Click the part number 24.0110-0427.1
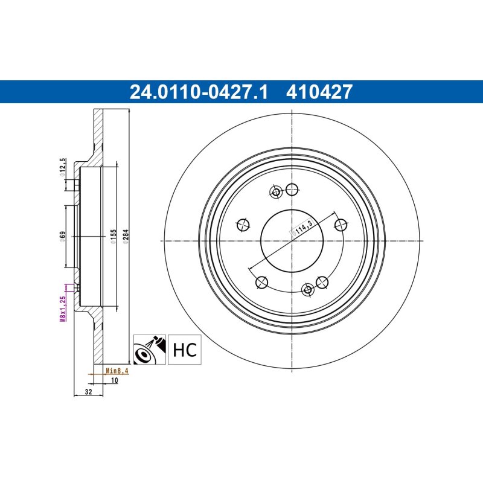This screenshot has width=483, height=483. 199,92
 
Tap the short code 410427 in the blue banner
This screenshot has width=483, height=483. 319,92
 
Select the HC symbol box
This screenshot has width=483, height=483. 185,350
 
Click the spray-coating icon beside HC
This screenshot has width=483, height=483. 150,350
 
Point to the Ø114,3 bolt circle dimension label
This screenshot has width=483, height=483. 301,228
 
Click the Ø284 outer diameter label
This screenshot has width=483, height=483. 126,237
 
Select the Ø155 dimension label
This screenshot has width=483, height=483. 113,237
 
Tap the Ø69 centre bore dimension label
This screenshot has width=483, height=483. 62,237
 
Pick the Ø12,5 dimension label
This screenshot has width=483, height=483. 62,168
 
